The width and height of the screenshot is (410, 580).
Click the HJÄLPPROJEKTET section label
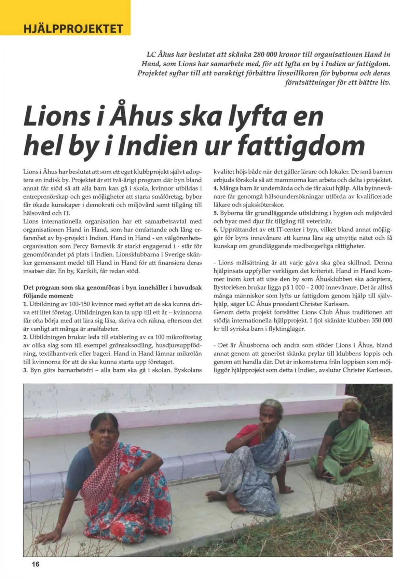[x=73, y=28]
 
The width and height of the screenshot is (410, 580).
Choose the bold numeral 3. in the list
[x=26, y=370]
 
